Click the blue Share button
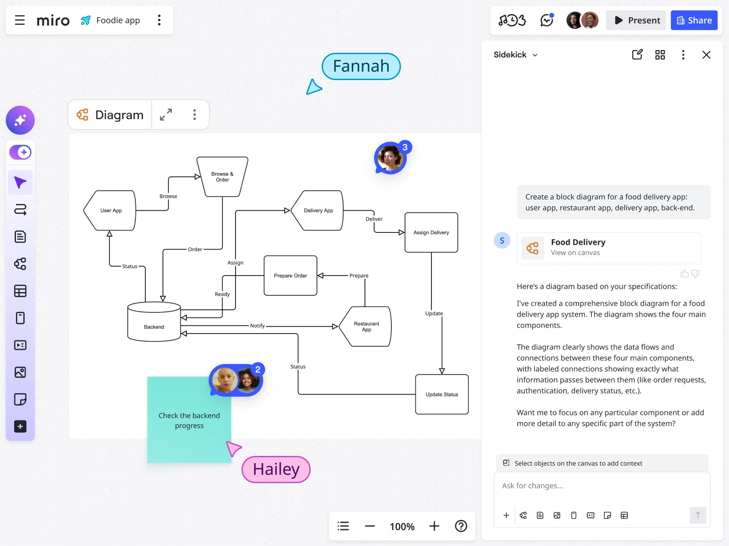tap(694, 20)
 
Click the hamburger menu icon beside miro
tap(20, 20)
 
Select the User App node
tap(111, 211)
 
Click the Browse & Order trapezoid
tap(222, 177)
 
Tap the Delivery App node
tap(318, 211)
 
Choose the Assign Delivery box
tap(431, 233)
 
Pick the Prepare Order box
tap(290, 276)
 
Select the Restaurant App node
tap(367, 327)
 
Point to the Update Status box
tap(442, 394)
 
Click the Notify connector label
tap(257, 326)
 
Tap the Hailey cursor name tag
tap(276, 470)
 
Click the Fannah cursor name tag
tap(361, 66)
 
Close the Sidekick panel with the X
tap(706, 55)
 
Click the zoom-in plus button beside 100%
tap(434, 526)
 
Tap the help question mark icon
tap(461, 526)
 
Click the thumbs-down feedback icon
tap(695, 273)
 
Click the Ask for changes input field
tap(601, 486)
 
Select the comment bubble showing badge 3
tap(390, 158)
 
